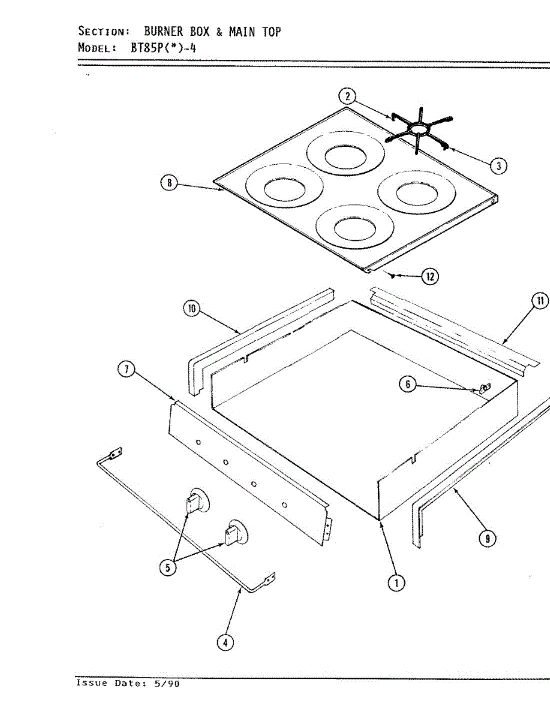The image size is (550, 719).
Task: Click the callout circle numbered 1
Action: (395, 582)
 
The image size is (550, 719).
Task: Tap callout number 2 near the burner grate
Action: (347, 96)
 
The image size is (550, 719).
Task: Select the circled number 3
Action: (498, 166)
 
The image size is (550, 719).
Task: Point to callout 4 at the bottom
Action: (225, 642)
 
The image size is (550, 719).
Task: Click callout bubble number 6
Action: (408, 385)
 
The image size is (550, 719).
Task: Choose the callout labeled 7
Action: (125, 370)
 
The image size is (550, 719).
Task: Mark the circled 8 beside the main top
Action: (169, 183)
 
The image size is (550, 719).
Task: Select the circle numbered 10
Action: (191, 309)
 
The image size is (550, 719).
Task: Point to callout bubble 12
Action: (429, 276)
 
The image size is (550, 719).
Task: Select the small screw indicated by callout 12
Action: (391, 276)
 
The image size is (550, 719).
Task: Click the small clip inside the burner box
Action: (485, 388)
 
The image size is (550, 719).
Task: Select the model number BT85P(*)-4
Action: (163, 48)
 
